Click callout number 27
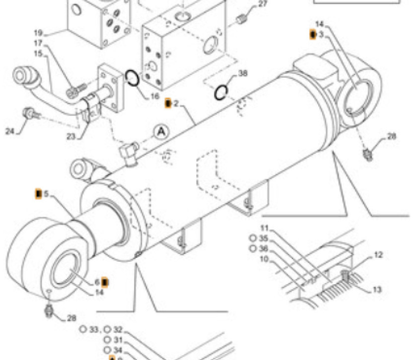[263, 4]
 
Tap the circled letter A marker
[160, 131]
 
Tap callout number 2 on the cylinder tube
[176, 104]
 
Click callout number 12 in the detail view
[378, 255]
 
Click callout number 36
[263, 248]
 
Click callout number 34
[118, 350]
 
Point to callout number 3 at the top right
[321, 34]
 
